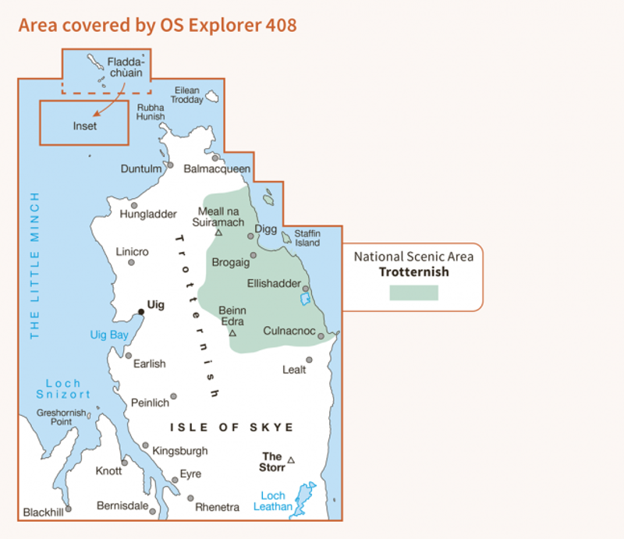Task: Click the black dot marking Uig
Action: coord(141,312)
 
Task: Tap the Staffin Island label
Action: coord(307,238)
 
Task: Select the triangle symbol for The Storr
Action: coord(291,460)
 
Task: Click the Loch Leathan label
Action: coord(273,501)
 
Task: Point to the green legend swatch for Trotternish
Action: coord(413,293)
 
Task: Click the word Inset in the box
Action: coord(84,126)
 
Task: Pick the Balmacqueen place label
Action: coord(217,168)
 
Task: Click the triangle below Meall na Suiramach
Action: coord(219,232)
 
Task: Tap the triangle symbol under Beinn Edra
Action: coord(232,333)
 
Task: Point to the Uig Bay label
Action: coord(108,335)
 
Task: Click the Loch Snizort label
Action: coord(63,389)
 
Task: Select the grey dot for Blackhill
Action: coord(68,509)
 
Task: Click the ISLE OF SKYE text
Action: coord(232,427)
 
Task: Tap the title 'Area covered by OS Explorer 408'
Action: coord(157,25)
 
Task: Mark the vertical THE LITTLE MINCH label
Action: coord(34,265)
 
